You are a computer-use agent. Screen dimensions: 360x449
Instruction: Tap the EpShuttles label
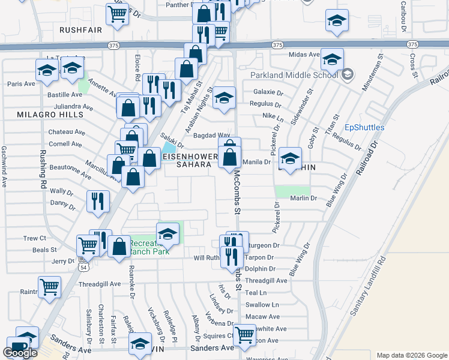click(x=364, y=128)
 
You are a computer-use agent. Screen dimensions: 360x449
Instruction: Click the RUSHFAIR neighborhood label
click(x=80, y=29)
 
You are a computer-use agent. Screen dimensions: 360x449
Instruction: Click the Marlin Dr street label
click(x=304, y=199)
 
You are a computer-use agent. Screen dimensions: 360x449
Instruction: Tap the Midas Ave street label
click(x=304, y=55)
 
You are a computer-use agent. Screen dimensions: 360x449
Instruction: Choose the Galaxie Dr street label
click(x=268, y=92)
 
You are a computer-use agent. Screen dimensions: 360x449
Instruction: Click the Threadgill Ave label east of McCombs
click(x=267, y=280)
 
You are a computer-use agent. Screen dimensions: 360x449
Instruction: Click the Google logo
click(x=20, y=353)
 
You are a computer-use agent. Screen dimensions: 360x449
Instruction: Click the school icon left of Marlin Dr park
click(x=289, y=158)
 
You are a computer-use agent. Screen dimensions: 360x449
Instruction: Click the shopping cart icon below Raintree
click(x=49, y=287)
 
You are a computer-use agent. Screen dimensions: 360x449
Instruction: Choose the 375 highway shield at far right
click(x=412, y=45)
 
